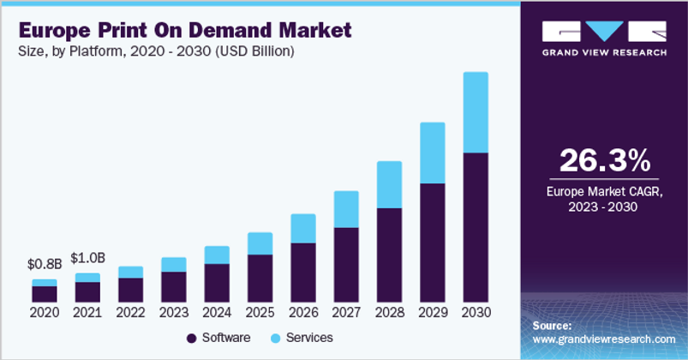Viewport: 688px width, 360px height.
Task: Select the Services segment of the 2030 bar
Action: tap(475, 112)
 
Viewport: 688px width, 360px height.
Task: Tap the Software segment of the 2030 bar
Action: tap(475, 227)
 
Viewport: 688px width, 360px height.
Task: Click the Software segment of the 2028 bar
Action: tap(389, 255)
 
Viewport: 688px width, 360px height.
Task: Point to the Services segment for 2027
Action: tap(346, 209)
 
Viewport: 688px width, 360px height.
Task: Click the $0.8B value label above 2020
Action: tap(44, 264)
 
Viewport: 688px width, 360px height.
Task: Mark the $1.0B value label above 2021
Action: tap(87, 258)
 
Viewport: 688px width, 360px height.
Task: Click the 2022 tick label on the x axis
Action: tap(130, 313)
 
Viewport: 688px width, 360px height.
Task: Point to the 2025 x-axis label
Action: tap(260, 313)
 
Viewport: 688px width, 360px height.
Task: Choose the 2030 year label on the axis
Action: tap(475, 313)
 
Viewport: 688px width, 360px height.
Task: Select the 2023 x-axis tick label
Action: tap(173, 313)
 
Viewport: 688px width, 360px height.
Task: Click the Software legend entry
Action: tap(219, 338)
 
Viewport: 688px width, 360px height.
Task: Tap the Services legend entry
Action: tap(302, 338)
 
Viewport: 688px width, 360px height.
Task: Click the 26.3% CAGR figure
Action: tap(603, 160)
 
